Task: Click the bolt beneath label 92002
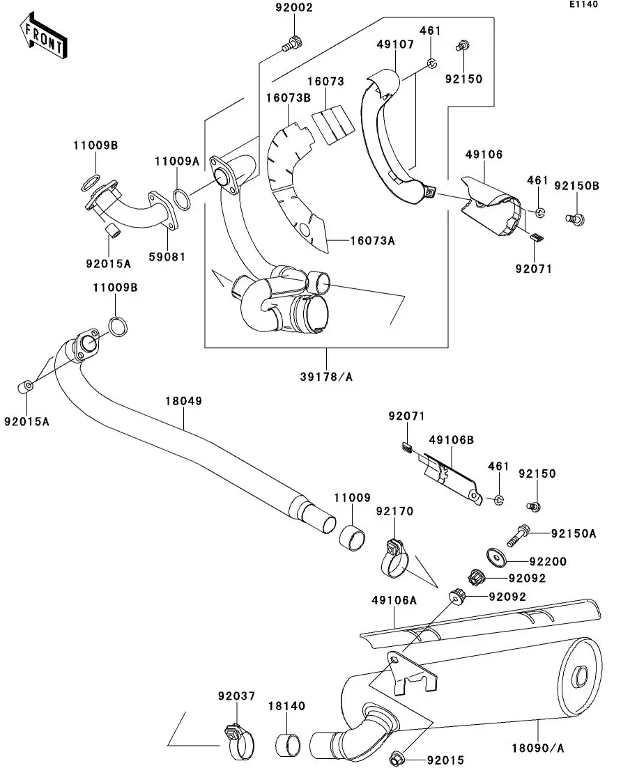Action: [x=291, y=43]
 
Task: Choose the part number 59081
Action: [x=167, y=256]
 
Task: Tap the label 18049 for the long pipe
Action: [x=183, y=401]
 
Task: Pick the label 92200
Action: [x=547, y=561]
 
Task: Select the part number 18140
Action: [x=286, y=706]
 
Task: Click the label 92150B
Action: [x=577, y=186]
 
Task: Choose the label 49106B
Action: [x=451, y=439]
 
